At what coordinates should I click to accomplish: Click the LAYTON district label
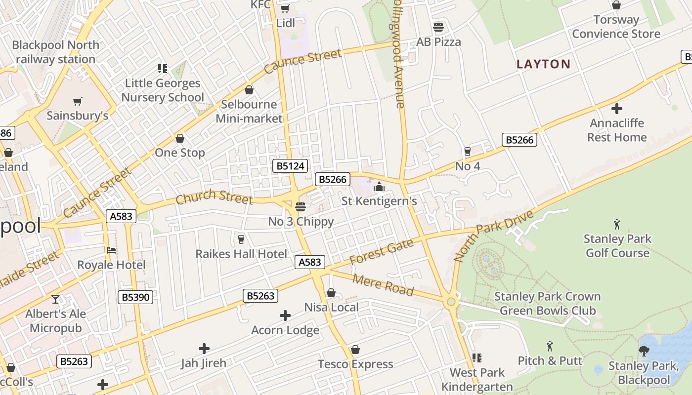pos(543,64)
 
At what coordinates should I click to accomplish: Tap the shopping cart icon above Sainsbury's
pos(77,101)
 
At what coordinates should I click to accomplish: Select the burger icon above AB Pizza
pos(438,27)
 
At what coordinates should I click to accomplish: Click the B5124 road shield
pos(290,166)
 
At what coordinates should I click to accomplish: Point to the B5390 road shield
pos(135,297)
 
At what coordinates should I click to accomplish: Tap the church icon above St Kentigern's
pos(379,187)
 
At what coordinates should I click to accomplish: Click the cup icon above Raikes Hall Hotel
pos(241,239)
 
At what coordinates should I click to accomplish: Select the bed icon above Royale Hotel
pos(111,250)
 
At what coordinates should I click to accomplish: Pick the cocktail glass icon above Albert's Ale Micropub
pos(55,299)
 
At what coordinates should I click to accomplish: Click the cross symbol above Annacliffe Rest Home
pos(616,109)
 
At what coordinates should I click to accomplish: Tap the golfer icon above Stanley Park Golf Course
pos(617,224)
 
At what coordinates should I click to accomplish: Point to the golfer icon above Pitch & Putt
pos(550,346)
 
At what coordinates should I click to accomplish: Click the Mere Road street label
pos(384,285)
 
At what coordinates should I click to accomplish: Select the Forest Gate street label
pos(381,251)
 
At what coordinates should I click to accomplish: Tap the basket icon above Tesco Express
pos(355,350)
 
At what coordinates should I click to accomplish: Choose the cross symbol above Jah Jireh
pos(204,349)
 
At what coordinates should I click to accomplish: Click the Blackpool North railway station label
pos(55,52)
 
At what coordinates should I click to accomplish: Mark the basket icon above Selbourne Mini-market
pos(249,90)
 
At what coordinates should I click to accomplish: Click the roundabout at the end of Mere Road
pos(450,302)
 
